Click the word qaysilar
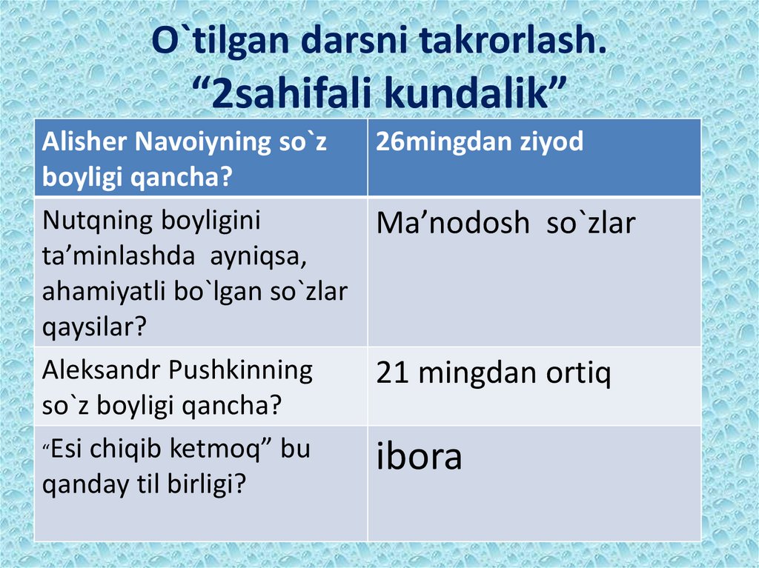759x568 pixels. pos(93,327)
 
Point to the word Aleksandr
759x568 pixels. pos(102,370)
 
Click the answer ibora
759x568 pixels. pos(420,457)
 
